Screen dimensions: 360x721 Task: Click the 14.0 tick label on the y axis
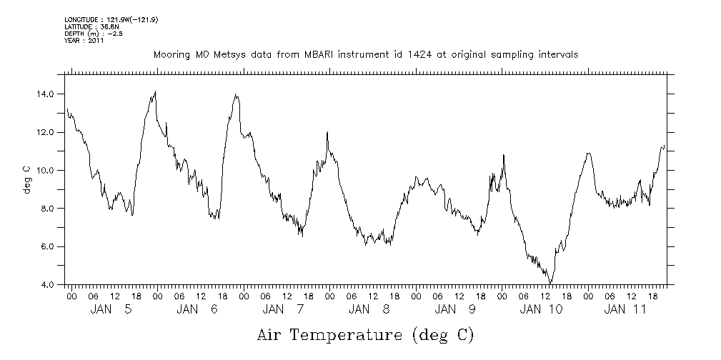47,94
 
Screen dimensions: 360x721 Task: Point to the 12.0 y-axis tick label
47,132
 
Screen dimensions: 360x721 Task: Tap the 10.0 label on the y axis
47,171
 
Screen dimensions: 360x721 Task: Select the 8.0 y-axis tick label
49,209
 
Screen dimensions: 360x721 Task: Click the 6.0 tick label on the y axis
49,247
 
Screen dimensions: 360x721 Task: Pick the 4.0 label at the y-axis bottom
49,285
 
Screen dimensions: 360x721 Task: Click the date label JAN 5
111,309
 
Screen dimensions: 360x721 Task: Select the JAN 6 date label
197,309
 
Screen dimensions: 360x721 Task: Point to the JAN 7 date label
283,309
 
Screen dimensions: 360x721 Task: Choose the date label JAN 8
369,309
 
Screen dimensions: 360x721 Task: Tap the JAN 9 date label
455,309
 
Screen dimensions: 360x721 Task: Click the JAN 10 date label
541,309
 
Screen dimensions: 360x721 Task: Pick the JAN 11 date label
627,309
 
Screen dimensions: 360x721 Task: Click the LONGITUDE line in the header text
111,20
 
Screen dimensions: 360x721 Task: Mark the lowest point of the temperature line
551,284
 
